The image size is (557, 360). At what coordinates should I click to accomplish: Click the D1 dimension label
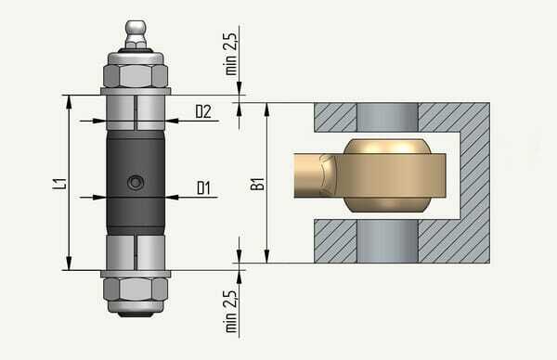(x=203, y=187)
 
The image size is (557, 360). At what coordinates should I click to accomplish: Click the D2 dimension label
(x=203, y=111)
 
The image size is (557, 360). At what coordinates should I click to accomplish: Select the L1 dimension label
(x=59, y=184)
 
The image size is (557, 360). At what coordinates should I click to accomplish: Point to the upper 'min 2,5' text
(x=230, y=54)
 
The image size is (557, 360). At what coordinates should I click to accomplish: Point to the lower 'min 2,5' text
(x=230, y=312)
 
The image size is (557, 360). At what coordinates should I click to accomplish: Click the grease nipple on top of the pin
(x=136, y=34)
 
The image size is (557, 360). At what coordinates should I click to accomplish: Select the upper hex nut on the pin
(x=136, y=76)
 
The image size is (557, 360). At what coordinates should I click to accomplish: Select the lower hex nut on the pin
(x=136, y=289)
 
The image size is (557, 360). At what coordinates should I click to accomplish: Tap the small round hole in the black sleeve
(x=136, y=183)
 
